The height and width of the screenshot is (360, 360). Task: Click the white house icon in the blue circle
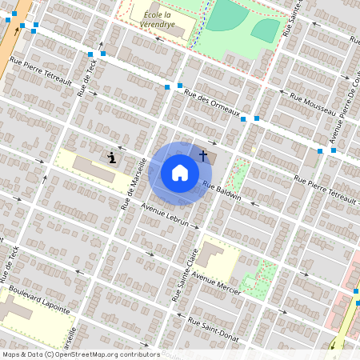(x=180, y=172)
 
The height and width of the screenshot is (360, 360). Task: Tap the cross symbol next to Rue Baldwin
(x=203, y=155)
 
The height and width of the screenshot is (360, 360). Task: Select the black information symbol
(x=112, y=158)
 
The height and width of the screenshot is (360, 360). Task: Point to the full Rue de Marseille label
(x=133, y=183)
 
